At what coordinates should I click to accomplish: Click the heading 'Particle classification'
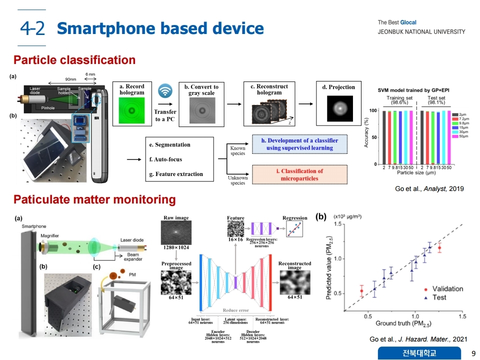(74, 60)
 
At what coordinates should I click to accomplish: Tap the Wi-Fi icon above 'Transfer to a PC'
(165, 91)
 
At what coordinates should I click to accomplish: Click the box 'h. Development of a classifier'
(299, 144)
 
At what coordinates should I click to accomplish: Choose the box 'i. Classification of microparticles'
(299, 174)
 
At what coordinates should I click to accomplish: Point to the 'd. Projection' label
(338, 87)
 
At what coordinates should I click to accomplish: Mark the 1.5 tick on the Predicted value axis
(338, 224)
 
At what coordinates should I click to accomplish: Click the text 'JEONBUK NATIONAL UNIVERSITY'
(421, 32)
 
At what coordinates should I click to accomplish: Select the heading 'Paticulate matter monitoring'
(94, 200)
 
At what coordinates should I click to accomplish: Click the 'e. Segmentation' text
(169, 144)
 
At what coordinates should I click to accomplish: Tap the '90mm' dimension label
(71, 79)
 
